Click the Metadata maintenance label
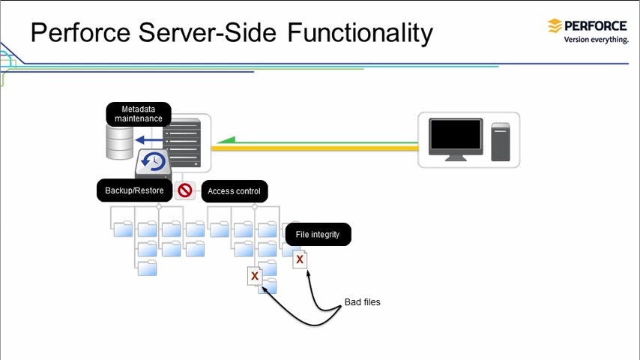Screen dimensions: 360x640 (x=138, y=114)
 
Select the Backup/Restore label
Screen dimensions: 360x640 (x=134, y=190)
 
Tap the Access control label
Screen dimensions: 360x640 (x=234, y=191)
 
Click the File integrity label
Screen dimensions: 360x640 (x=318, y=235)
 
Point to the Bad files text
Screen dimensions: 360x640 (x=362, y=302)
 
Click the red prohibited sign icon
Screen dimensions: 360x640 (x=185, y=190)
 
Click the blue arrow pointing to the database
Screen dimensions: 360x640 (x=149, y=139)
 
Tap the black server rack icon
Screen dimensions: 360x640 (x=183, y=142)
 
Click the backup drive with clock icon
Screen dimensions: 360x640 (x=154, y=163)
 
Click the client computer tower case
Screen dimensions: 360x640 (x=501, y=141)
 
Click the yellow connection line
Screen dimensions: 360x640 (x=315, y=148)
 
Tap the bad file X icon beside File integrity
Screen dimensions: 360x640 (x=300, y=259)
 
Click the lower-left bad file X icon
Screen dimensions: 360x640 (x=255, y=276)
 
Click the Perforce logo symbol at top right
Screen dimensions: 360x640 (x=555, y=26)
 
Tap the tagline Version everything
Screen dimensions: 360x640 (x=596, y=40)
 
